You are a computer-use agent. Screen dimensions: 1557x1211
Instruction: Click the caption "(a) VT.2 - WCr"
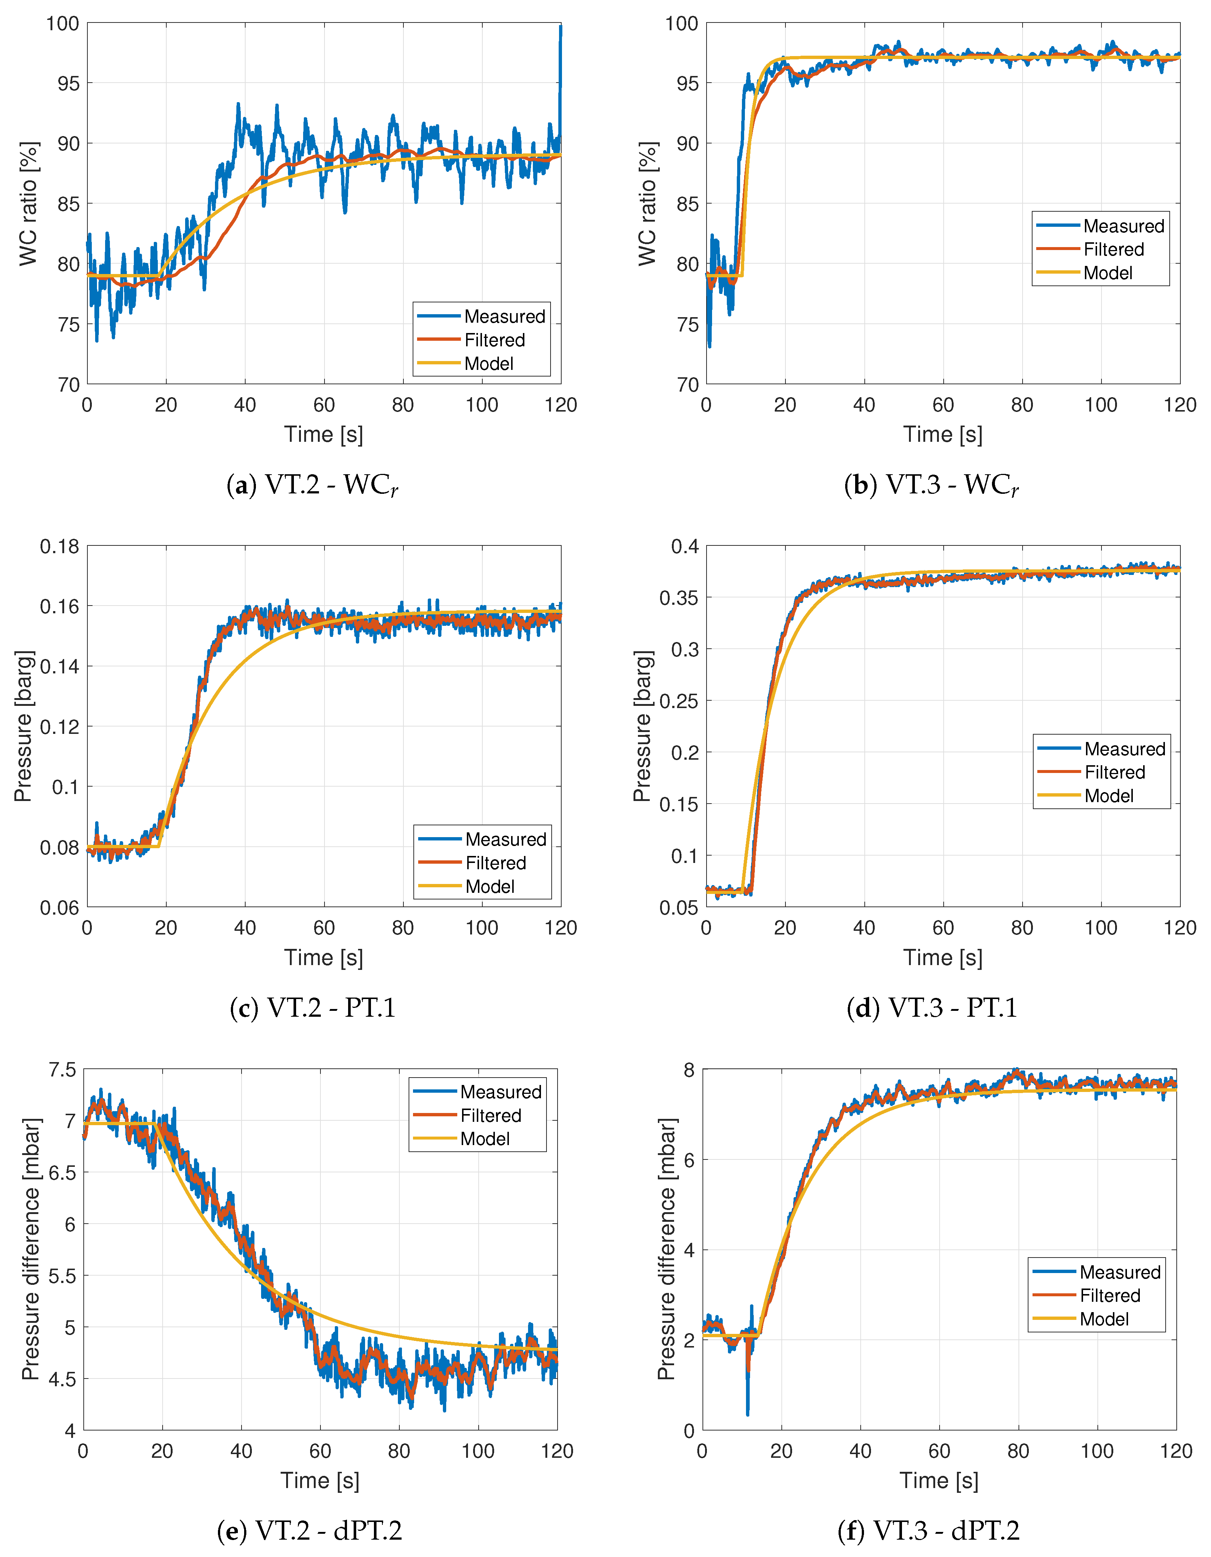pyautogui.click(x=312, y=485)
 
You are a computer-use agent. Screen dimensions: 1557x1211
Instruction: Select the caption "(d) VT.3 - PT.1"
pyautogui.click(x=931, y=1008)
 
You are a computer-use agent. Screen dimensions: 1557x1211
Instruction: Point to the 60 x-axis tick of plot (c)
pyautogui.click(x=324, y=927)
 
